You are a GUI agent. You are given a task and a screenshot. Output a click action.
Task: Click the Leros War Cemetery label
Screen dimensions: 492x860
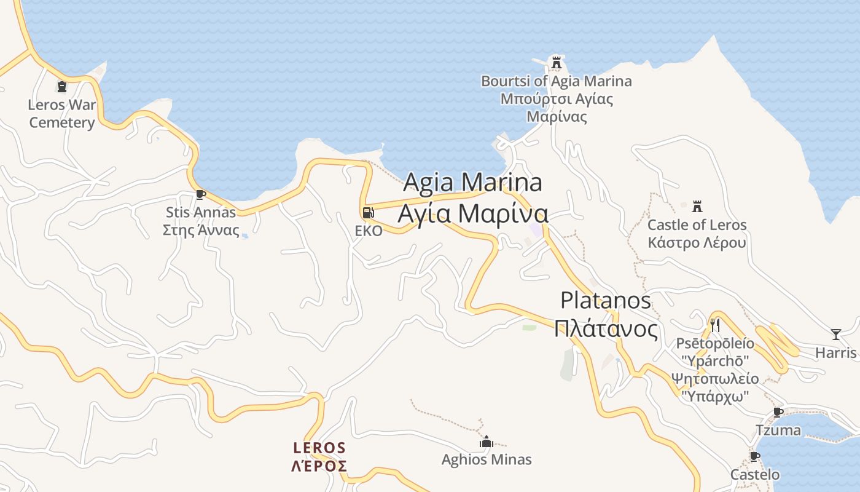click(x=62, y=113)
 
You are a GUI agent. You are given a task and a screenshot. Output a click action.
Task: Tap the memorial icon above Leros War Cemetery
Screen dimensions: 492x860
click(x=61, y=87)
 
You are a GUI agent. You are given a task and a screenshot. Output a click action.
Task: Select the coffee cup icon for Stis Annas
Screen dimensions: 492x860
click(x=200, y=194)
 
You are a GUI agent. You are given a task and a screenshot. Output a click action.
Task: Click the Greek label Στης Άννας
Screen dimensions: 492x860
click(x=201, y=230)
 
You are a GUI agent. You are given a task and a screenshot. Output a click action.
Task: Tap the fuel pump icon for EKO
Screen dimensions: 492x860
click(x=368, y=213)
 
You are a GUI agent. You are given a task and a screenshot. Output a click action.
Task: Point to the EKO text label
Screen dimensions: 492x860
click(x=369, y=231)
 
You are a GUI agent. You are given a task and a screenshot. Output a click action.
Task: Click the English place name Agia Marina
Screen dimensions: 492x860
click(x=473, y=182)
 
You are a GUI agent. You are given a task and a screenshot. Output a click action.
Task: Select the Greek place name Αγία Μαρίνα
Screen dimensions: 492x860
click(x=473, y=213)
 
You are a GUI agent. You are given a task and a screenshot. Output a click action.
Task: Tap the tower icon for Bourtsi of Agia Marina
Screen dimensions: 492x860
click(x=557, y=62)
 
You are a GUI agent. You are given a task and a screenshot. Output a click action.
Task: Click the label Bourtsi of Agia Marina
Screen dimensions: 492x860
click(x=556, y=81)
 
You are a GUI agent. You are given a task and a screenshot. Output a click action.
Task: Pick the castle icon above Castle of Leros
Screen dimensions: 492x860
click(x=697, y=206)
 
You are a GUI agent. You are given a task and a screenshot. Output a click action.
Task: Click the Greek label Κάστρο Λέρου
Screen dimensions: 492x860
click(x=697, y=242)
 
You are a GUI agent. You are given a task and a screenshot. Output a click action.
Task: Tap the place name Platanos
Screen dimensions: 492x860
click(x=606, y=300)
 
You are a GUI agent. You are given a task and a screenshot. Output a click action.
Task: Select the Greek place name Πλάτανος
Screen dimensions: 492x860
click(x=606, y=328)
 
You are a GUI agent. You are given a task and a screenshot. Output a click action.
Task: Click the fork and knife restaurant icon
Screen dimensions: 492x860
click(x=714, y=324)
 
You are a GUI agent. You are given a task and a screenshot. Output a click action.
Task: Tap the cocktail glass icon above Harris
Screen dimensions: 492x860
click(x=835, y=335)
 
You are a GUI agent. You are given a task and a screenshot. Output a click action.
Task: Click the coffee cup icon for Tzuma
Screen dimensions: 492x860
click(x=778, y=412)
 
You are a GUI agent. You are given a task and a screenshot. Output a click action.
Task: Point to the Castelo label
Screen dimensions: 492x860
click(x=754, y=474)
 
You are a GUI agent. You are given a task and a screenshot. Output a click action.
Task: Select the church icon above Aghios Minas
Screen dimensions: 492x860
click(x=487, y=442)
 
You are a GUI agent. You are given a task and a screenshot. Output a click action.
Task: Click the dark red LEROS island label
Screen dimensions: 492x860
click(x=319, y=447)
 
